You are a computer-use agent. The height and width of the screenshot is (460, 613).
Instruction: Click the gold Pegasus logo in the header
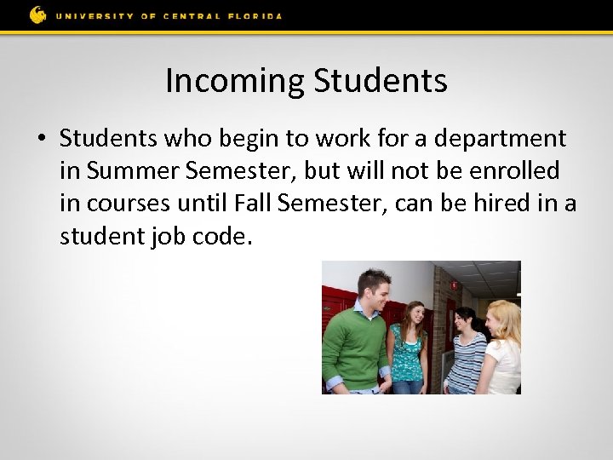click(38, 14)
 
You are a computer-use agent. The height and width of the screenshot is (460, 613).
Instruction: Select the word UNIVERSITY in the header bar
click(97, 15)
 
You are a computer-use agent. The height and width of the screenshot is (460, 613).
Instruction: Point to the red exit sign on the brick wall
click(455, 285)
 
